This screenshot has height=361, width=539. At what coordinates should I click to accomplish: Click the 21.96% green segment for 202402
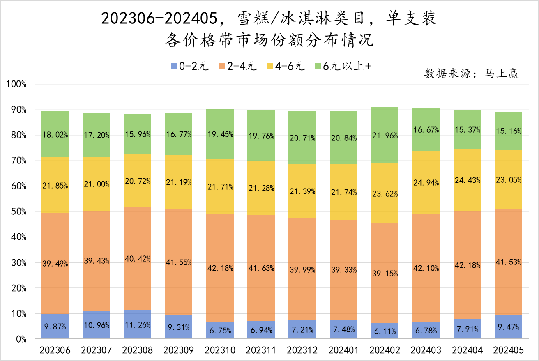click(x=385, y=136)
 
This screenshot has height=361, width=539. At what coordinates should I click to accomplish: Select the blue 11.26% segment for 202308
click(x=137, y=324)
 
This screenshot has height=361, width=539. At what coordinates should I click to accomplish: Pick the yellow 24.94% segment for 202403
click(x=426, y=182)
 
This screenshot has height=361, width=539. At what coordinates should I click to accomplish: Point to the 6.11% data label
click(x=385, y=331)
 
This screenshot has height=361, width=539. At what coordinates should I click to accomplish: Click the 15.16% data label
click(x=509, y=131)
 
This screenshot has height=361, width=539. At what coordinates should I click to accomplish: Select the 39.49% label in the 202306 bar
click(x=55, y=264)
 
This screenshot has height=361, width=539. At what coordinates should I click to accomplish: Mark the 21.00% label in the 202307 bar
click(x=96, y=184)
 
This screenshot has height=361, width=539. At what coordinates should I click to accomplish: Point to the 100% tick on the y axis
click(x=16, y=85)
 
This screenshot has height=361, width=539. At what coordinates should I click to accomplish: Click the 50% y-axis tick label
click(x=18, y=212)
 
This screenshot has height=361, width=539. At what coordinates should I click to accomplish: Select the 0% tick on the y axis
click(x=21, y=339)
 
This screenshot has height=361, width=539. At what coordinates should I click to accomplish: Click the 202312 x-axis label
click(x=302, y=350)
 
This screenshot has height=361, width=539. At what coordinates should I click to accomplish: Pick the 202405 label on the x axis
click(x=509, y=350)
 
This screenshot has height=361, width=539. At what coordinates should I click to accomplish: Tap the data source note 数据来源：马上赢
click(x=472, y=74)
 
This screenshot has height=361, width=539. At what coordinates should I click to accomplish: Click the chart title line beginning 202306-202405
click(x=269, y=18)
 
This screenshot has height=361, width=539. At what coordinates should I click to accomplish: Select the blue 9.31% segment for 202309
click(x=178, y=327)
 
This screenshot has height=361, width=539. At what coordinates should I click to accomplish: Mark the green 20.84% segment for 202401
click(x=343, y=138)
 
